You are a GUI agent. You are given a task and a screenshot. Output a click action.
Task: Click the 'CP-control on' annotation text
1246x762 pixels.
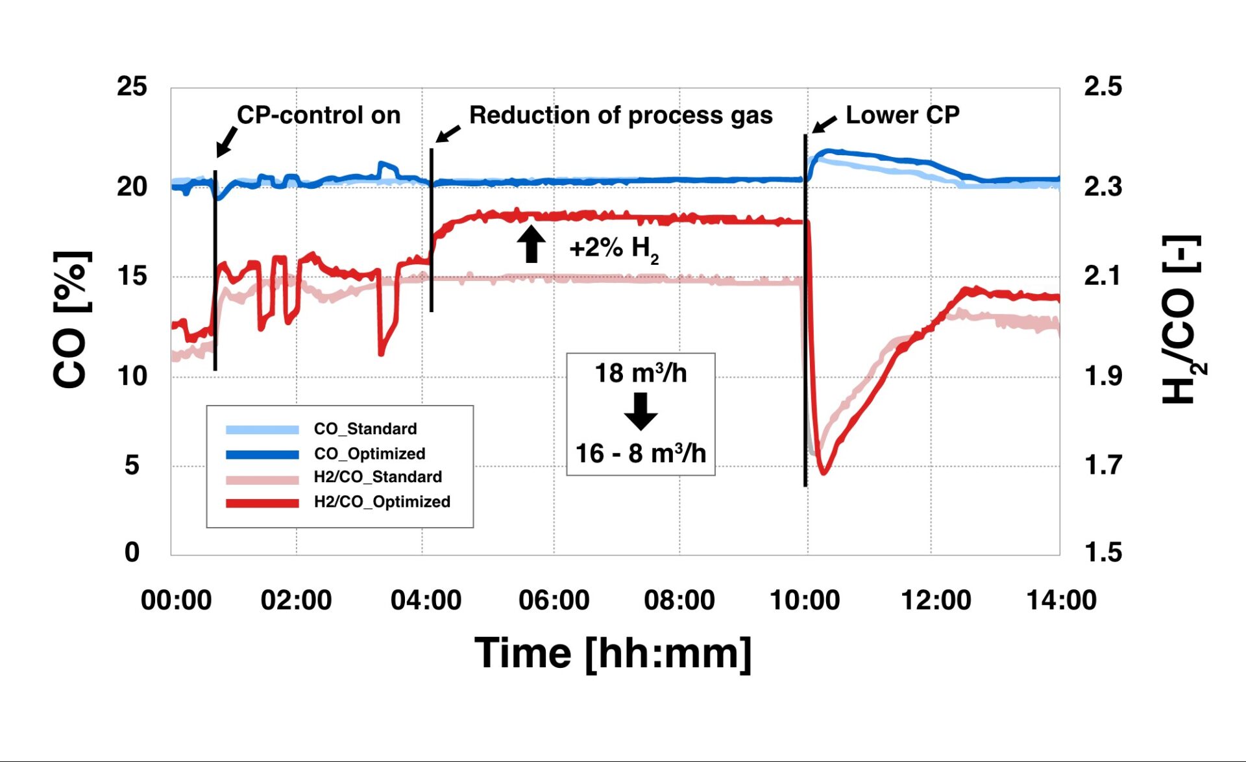coord(319,115)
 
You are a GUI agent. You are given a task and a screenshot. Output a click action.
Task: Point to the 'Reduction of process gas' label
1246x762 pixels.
coord(620,115)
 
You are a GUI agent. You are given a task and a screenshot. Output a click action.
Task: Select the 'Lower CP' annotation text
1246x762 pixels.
coord(902,115)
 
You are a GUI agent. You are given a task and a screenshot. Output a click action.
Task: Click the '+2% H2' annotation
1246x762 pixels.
coord(613,248)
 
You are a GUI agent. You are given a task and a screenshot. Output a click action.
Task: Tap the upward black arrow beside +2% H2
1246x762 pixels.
coord(531,244)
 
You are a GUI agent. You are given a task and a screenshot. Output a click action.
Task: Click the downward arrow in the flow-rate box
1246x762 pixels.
coord(641,412)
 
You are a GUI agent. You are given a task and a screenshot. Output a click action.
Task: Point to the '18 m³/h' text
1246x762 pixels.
coord(641,373)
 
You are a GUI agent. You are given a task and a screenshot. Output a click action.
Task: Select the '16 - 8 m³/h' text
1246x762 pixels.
coord(641,453)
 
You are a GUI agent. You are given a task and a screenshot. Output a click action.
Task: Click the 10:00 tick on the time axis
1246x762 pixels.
coord(805,600)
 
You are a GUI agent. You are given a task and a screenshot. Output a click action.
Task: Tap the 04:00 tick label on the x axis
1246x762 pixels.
coord(426,600)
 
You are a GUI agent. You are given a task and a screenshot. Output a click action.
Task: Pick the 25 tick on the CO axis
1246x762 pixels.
coord(132,86)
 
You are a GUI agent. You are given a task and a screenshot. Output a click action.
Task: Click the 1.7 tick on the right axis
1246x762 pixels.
coord(1103,465)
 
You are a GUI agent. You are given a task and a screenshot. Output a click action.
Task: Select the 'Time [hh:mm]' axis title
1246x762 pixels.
coord(613,653)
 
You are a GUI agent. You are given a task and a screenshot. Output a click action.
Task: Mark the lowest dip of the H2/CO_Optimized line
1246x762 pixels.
coord(824,473)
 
